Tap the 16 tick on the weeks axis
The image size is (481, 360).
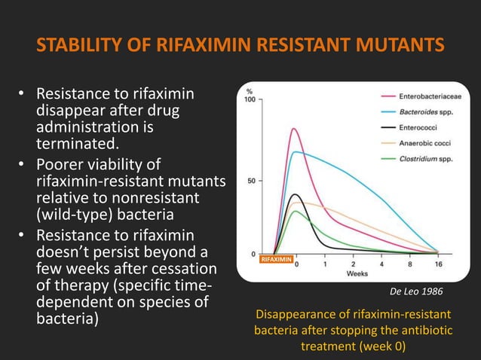click(x=438, y=264)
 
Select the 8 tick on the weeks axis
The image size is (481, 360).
click(x=409, y=264)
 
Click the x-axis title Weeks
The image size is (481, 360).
click(x=357, y=273)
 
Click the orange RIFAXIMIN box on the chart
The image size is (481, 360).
click(x=275, y=259)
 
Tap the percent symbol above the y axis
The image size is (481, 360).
click(x=249, y=92)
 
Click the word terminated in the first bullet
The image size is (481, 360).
click(x=70, y=142)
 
